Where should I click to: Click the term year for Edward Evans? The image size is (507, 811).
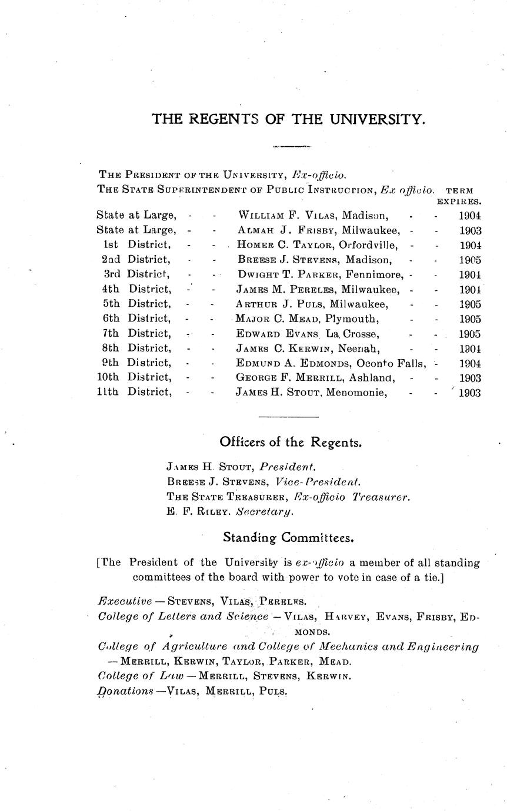[x=471, y=334]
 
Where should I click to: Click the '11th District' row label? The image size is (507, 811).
[x=134, y=393]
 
